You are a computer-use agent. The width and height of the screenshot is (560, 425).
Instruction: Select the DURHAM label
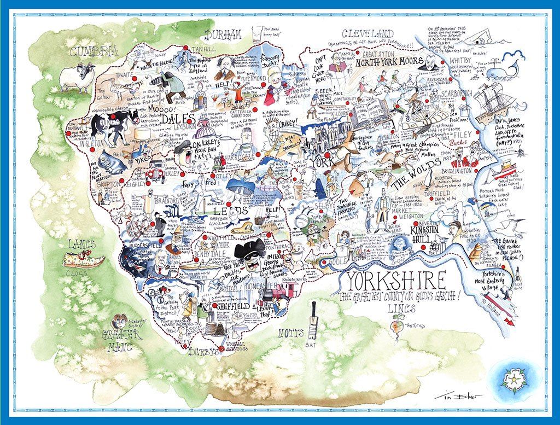(223, 36)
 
